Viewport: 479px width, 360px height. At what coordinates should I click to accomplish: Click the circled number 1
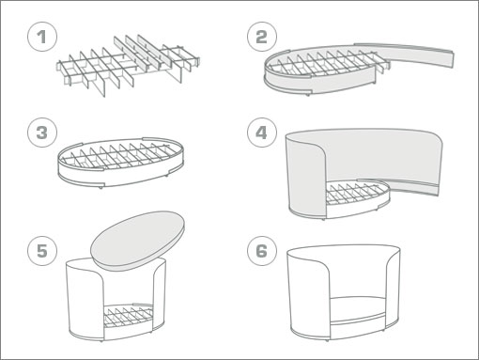(x=42, y=37)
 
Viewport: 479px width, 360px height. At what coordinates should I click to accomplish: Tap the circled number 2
(x=262, y=37)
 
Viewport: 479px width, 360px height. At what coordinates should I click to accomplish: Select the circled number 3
(x=42, y=133)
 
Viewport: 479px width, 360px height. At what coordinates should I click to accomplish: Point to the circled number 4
(x=262, y=133)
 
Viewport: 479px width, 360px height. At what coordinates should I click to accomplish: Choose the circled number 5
(x=42, y=251)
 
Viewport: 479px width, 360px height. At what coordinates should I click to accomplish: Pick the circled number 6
(x=262, y=251)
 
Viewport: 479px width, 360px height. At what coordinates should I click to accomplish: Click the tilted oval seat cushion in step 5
(x=138, y=241)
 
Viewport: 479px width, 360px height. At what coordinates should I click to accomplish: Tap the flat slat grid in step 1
(x=129, y=64)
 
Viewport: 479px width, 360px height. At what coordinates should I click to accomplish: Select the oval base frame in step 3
(x=120, y=162)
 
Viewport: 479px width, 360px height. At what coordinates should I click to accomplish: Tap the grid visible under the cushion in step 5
(x=129, y=315)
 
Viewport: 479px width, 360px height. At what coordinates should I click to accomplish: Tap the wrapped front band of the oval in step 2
(x=319, y=82)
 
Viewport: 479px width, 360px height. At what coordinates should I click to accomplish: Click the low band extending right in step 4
(x=407, y=187)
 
